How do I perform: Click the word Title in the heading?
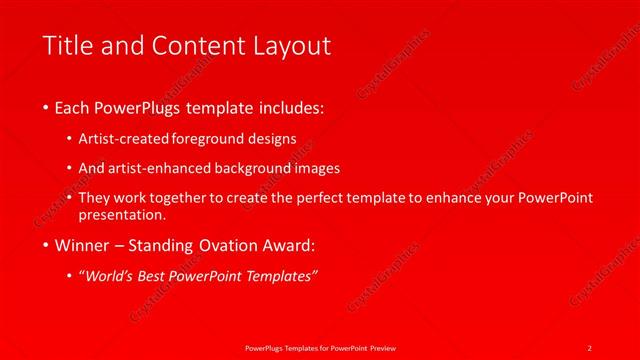pos(66,46)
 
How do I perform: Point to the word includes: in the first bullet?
pos(290,107)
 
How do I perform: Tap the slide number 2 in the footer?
pos(589,346)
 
